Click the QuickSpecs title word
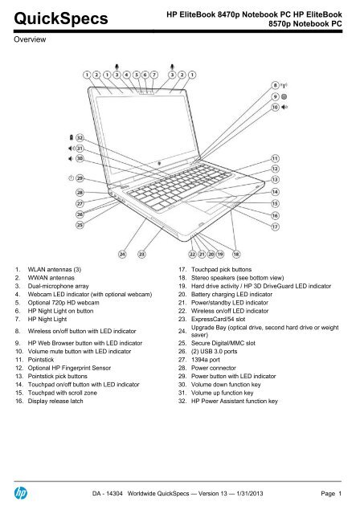(x=61, y=19)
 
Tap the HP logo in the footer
(x=20, y=493)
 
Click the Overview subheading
(x=30, y=39)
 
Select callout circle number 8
(x=276, y=86)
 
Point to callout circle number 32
(x=80, y=137)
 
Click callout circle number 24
(x=122, y=254)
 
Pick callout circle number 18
(x=236, y=254)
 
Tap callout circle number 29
(x=80, y=178)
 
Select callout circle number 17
(x=275, y=226)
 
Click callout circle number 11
(x=275, y=159)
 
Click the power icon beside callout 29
(x=71, y=178)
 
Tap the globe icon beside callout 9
(x=284, y=96)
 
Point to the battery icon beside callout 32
(x=72, y=137)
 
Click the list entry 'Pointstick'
(x=41, y=360)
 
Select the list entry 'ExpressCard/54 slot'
(x=218, y=319)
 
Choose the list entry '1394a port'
(x=205, y=360)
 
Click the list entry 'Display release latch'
(x=55, y=401)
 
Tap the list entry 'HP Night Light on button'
(x=60, y=311)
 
